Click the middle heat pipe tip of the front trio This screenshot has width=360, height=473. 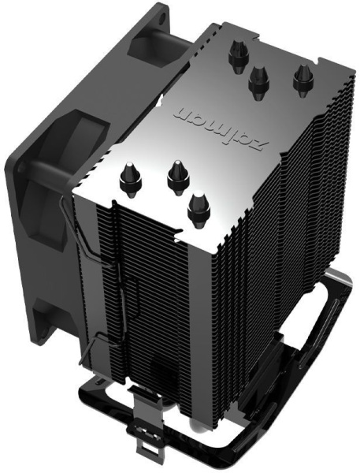click(175, 177)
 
